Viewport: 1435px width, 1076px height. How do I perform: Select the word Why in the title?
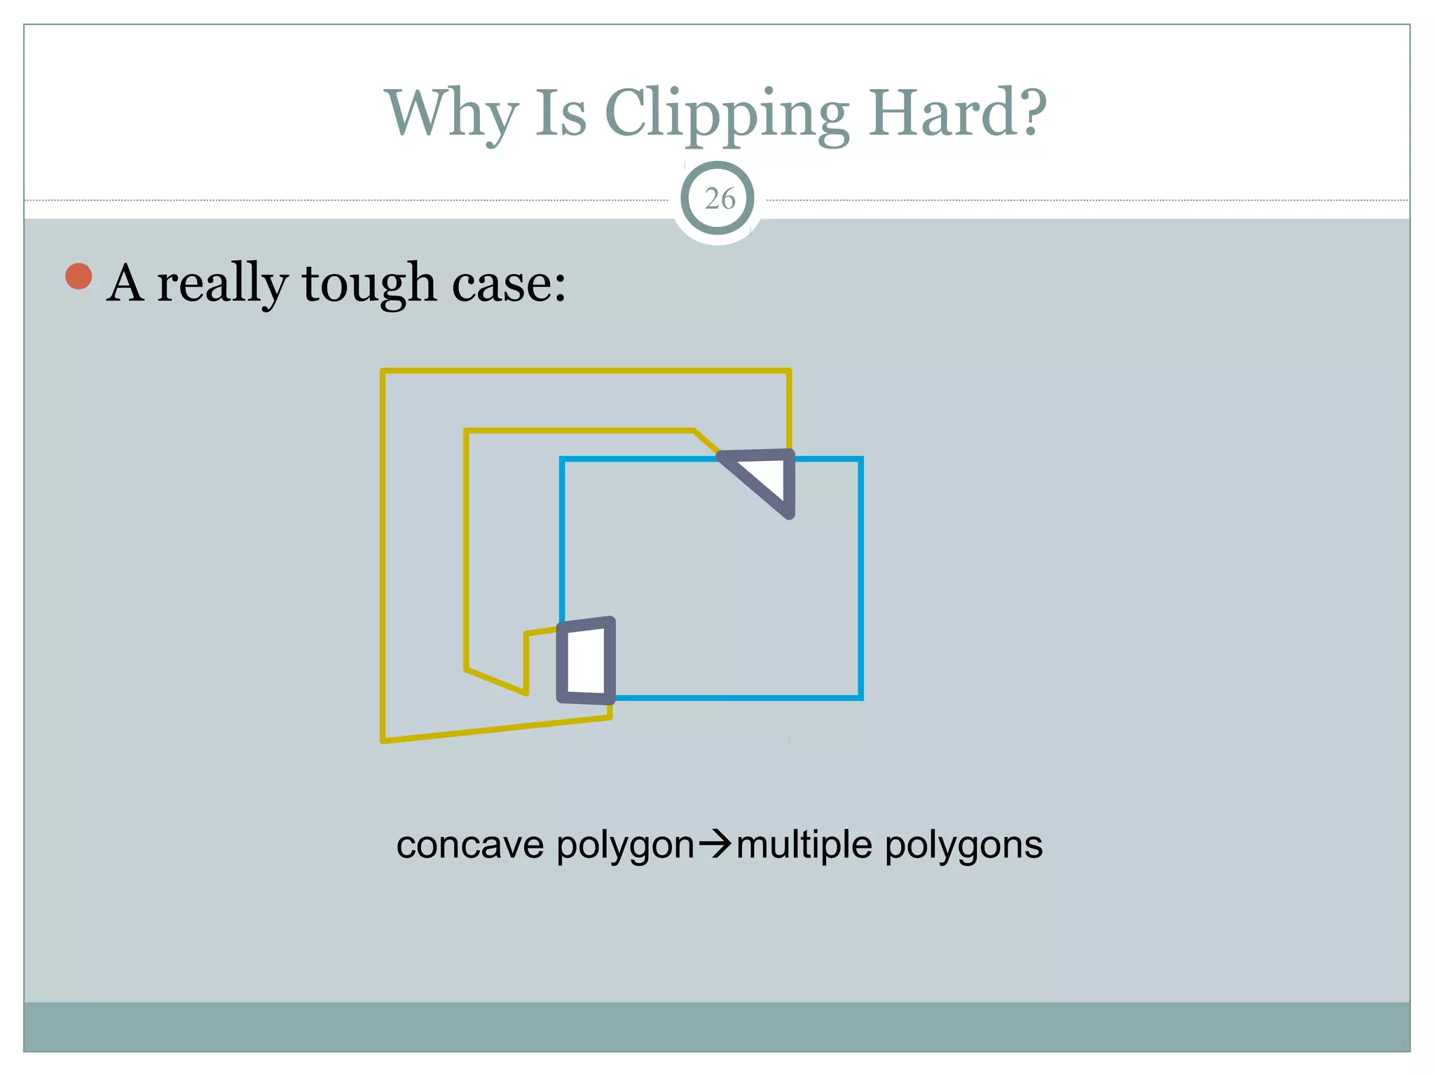452,113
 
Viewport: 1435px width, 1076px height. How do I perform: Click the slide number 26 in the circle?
719,199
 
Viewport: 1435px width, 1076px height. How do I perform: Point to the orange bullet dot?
79,276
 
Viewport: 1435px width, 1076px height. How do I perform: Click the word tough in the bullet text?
369,284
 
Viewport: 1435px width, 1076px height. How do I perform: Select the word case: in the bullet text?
509,284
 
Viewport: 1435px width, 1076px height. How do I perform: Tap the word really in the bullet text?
222,284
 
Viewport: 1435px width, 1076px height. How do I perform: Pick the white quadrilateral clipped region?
586,661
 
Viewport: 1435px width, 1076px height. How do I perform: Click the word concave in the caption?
469,845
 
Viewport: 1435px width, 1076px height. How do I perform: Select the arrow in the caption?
715,845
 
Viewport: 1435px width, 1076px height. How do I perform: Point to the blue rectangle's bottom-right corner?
860,697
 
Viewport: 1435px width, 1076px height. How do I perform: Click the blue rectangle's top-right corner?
860,459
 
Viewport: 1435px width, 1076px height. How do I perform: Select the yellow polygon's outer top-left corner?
383,371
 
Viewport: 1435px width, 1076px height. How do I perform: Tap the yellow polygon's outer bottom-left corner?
383,740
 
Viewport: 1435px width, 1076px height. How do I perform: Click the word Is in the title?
561,113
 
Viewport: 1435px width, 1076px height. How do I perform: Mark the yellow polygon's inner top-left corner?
466,431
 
